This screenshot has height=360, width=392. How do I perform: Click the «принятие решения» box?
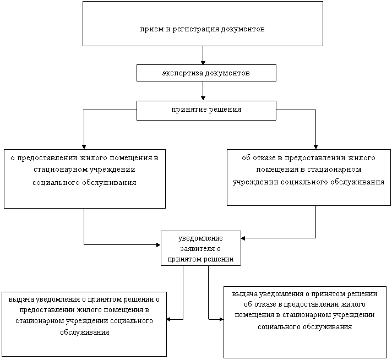(x=206, y=111)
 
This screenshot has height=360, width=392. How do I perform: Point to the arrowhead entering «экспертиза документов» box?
(x=203, y=63)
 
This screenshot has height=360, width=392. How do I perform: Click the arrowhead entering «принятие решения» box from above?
(x=203, y=99)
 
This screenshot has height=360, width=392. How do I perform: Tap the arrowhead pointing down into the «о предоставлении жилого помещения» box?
(x=84, y=147)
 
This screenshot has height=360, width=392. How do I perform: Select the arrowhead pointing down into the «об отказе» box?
(x=316, y=147)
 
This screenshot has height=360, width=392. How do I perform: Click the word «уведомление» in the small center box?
(x=200, y=238)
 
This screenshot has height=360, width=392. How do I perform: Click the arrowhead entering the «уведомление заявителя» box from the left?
(x=159, y=245)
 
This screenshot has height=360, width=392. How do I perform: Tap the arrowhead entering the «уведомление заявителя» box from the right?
(x=243, y=238)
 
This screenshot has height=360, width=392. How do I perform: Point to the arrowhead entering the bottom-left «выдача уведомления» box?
(x=169, y=319)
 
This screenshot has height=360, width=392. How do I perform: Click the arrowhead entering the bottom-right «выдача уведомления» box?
(x=221, y=319)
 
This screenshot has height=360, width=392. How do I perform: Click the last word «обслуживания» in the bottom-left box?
(x=84, y=332)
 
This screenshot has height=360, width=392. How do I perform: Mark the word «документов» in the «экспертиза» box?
(x=228, y=73)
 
